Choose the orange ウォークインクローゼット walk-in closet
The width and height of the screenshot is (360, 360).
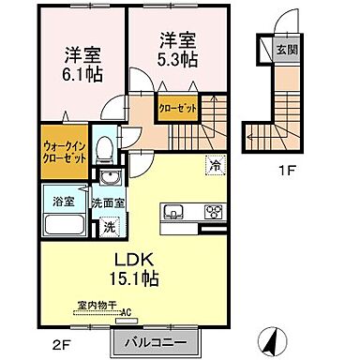66,151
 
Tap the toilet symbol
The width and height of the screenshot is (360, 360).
106,150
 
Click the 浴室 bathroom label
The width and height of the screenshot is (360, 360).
64,200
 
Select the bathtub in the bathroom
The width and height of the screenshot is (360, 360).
63,226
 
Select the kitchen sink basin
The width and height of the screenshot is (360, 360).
174,212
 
